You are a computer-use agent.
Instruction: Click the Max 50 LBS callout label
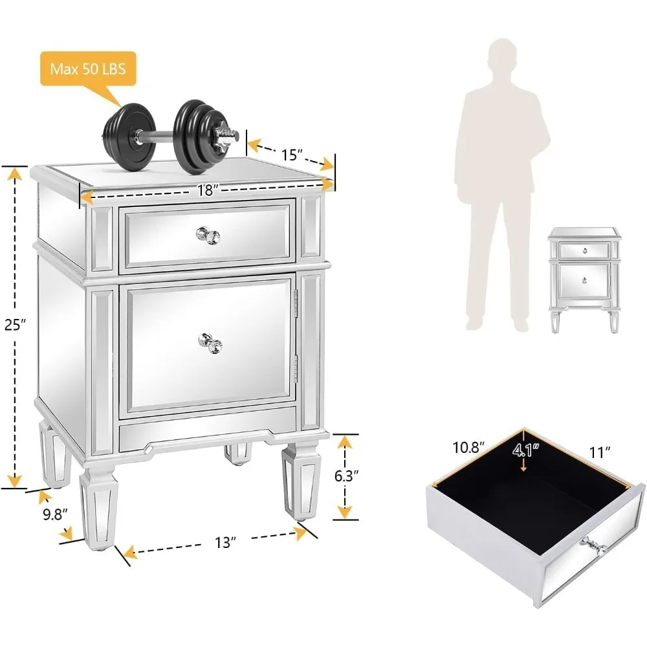pyautogui.click(x=88, y=68)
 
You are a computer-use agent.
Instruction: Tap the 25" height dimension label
pyautogui.click(x=14, y=325)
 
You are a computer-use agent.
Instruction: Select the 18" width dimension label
pyautogui.click(x=205, y=190)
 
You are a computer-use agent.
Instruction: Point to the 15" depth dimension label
pyautogui.click(x=292, y=155)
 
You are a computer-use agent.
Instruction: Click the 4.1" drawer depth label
pyautogui.click(x=524, y=448)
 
